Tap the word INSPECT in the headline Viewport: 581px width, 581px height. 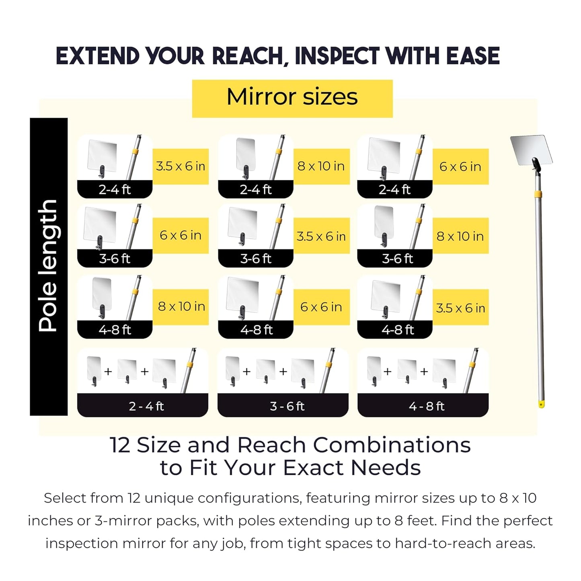(x=337, y=56)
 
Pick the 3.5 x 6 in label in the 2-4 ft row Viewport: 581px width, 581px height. (x=181, y=166)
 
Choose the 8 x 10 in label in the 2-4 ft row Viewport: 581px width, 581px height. (x=321, y=166)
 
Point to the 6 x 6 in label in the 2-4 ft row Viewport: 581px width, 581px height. (x=460, y=166)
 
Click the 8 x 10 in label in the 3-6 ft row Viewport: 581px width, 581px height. (x=460, y=236)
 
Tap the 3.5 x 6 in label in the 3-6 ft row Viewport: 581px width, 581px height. (x=321, y=236)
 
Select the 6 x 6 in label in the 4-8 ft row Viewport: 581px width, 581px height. (x=321, y=307)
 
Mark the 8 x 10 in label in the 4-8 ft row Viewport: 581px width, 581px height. (x=181, y=306)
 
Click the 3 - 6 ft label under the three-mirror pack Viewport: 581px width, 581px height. (x=287, y=406)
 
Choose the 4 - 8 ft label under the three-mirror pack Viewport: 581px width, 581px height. (x=427, y=406)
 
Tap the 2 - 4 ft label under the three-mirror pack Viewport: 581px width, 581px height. (x=146, y=406)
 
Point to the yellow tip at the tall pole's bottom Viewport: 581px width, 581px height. (x=542, y=403)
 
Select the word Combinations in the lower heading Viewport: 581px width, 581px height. (x=392, y=445)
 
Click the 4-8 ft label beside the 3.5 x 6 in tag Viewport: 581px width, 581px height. (x=398, y=330)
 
